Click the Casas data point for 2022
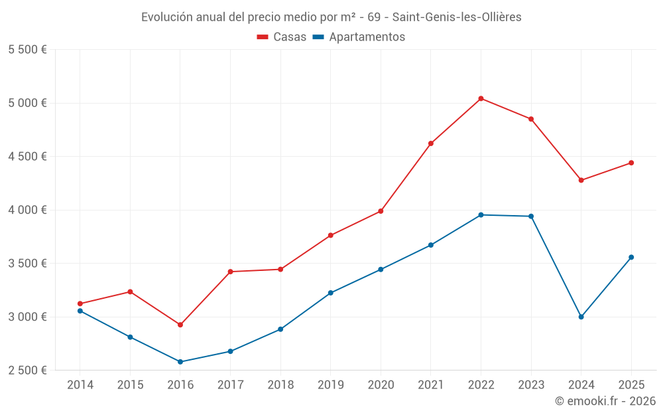[x=481, y=98]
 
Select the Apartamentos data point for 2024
[x=581, y=317]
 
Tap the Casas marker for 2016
[x=180, y=325]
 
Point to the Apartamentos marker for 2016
[x=180, y=362]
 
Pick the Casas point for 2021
[x=431, y=143]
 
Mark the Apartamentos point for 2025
[x=631, y=257]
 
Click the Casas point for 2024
[x=581, y=180]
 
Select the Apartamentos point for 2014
[x=80, y=311]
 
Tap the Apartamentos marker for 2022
[x=481, y=214]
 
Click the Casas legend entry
[x=282, y=37]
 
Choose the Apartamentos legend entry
[x=359, y=37]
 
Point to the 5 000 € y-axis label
[x=27, y=103]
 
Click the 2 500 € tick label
[x=27, y=370]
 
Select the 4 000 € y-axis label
[x=27, y=210]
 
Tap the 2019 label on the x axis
[x=330, y=384]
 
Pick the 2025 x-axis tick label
[x=631, y=384]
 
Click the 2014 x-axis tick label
[x=80, y=384]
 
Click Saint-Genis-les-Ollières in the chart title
[x=457, y=17]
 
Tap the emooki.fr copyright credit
[x=605, y=401]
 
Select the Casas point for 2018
[x=280, y=269]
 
